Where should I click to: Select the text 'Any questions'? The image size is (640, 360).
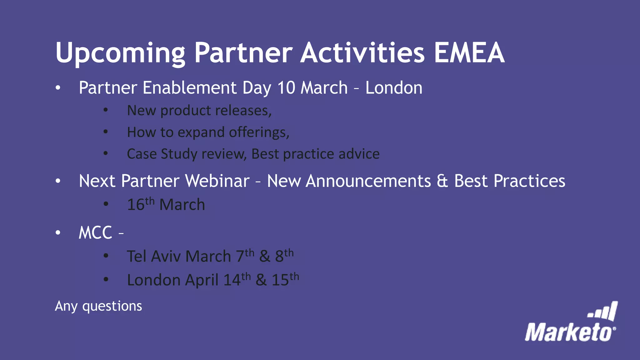coord(98,306)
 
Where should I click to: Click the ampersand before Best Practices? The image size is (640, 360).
coord(442,181)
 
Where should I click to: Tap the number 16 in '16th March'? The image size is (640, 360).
coord(136,205)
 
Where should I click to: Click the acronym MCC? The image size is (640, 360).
coord(95,233)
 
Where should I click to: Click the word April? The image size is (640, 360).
coord(202,280)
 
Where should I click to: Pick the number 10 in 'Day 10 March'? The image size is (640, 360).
coord(286,88)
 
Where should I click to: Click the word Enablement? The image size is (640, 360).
coord(189,88)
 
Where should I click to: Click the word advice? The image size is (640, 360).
coord(359,154)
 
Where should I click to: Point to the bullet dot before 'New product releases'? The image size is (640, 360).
coord(106,110)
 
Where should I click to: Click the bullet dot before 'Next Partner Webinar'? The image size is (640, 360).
coord(58,181)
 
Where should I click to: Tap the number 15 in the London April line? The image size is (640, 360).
coord(280,280)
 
